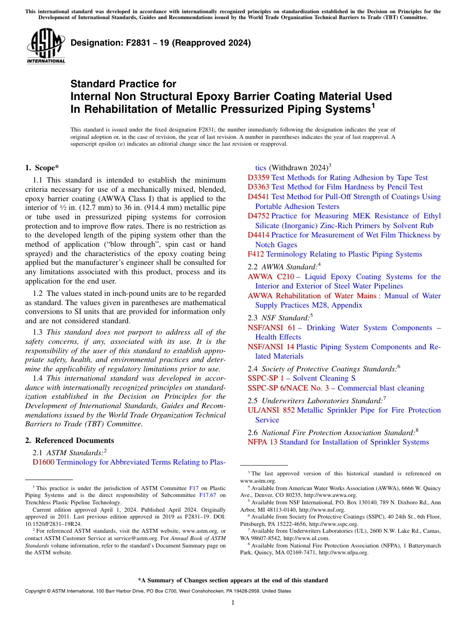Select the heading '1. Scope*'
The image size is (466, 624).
(x=42, y=167)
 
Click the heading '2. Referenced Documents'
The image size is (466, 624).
(x=69, y=441)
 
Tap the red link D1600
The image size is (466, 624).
(x=43, y=462)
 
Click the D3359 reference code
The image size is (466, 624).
(x=259, y=178)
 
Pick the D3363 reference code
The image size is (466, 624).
(x=259, y=187)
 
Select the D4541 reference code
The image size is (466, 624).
(x=259, y=197)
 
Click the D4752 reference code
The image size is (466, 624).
(x=259, y=216)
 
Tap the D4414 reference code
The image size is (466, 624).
(x=259, y=235)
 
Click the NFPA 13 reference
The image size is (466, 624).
(x=262, y=442)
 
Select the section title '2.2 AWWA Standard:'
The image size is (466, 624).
(x=283, y=267)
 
